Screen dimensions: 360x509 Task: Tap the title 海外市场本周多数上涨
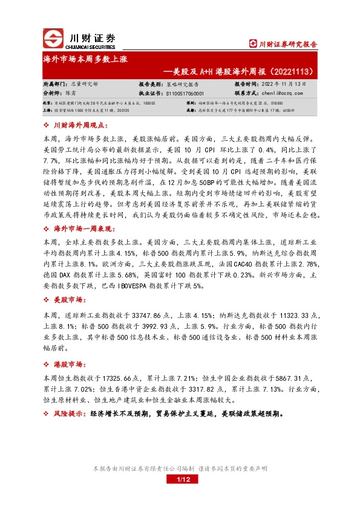[85, 61]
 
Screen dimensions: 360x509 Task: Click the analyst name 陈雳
[79, 94]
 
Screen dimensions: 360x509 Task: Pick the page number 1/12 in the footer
[183, 480]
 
